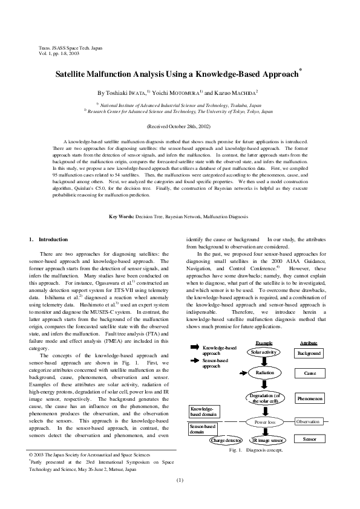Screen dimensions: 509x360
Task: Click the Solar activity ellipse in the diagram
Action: tap(264, 352)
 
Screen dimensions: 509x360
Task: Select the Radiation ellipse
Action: tap(264, 374)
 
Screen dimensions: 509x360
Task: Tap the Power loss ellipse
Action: tap(264, 422)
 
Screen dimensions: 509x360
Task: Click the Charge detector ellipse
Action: tap(226, 441)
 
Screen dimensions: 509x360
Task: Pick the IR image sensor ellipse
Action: tap(267, 441)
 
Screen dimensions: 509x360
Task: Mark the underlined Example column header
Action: tap(264, 343)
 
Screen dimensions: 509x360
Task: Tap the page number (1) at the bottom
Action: tap(180, 480)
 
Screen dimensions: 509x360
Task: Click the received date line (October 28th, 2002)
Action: tap(180, 126)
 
